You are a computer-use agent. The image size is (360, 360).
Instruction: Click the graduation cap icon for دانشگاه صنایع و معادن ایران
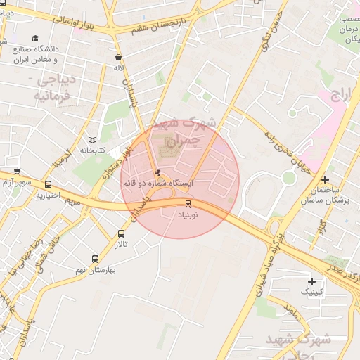coord(35,38)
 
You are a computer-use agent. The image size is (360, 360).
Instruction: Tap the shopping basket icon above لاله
coord(118,57)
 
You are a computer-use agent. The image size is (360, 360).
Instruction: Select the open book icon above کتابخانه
coord(92,139)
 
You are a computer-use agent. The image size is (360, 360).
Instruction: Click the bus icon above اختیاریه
coord(48,185)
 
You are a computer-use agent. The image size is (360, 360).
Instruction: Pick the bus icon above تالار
coord(121,233)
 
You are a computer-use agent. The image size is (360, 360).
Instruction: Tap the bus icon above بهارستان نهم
coord(96,259)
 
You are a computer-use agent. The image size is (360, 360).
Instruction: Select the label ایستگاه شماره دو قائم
coord(157,183)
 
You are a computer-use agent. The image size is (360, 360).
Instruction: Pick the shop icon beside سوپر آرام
coord(16,171)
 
